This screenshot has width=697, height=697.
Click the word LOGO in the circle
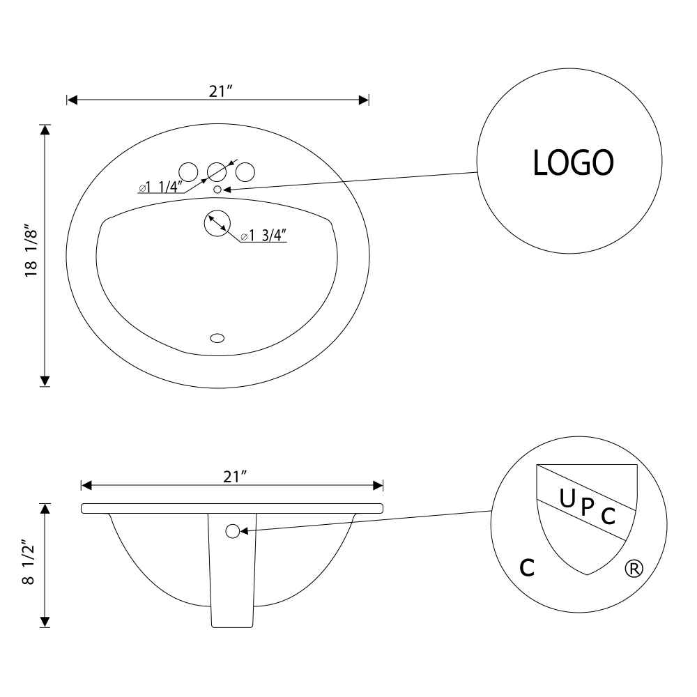[x=573, y=162]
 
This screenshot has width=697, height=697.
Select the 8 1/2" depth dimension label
[x=29, y=562]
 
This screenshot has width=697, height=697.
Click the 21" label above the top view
[x=221, y=91]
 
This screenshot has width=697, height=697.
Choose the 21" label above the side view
[x=235, y=477]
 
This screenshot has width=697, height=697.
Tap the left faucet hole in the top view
[x=188, y=172]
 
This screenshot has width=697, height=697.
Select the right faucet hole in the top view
[x=245, y=172]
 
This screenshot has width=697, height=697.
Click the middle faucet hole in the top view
[x=217, y=172]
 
